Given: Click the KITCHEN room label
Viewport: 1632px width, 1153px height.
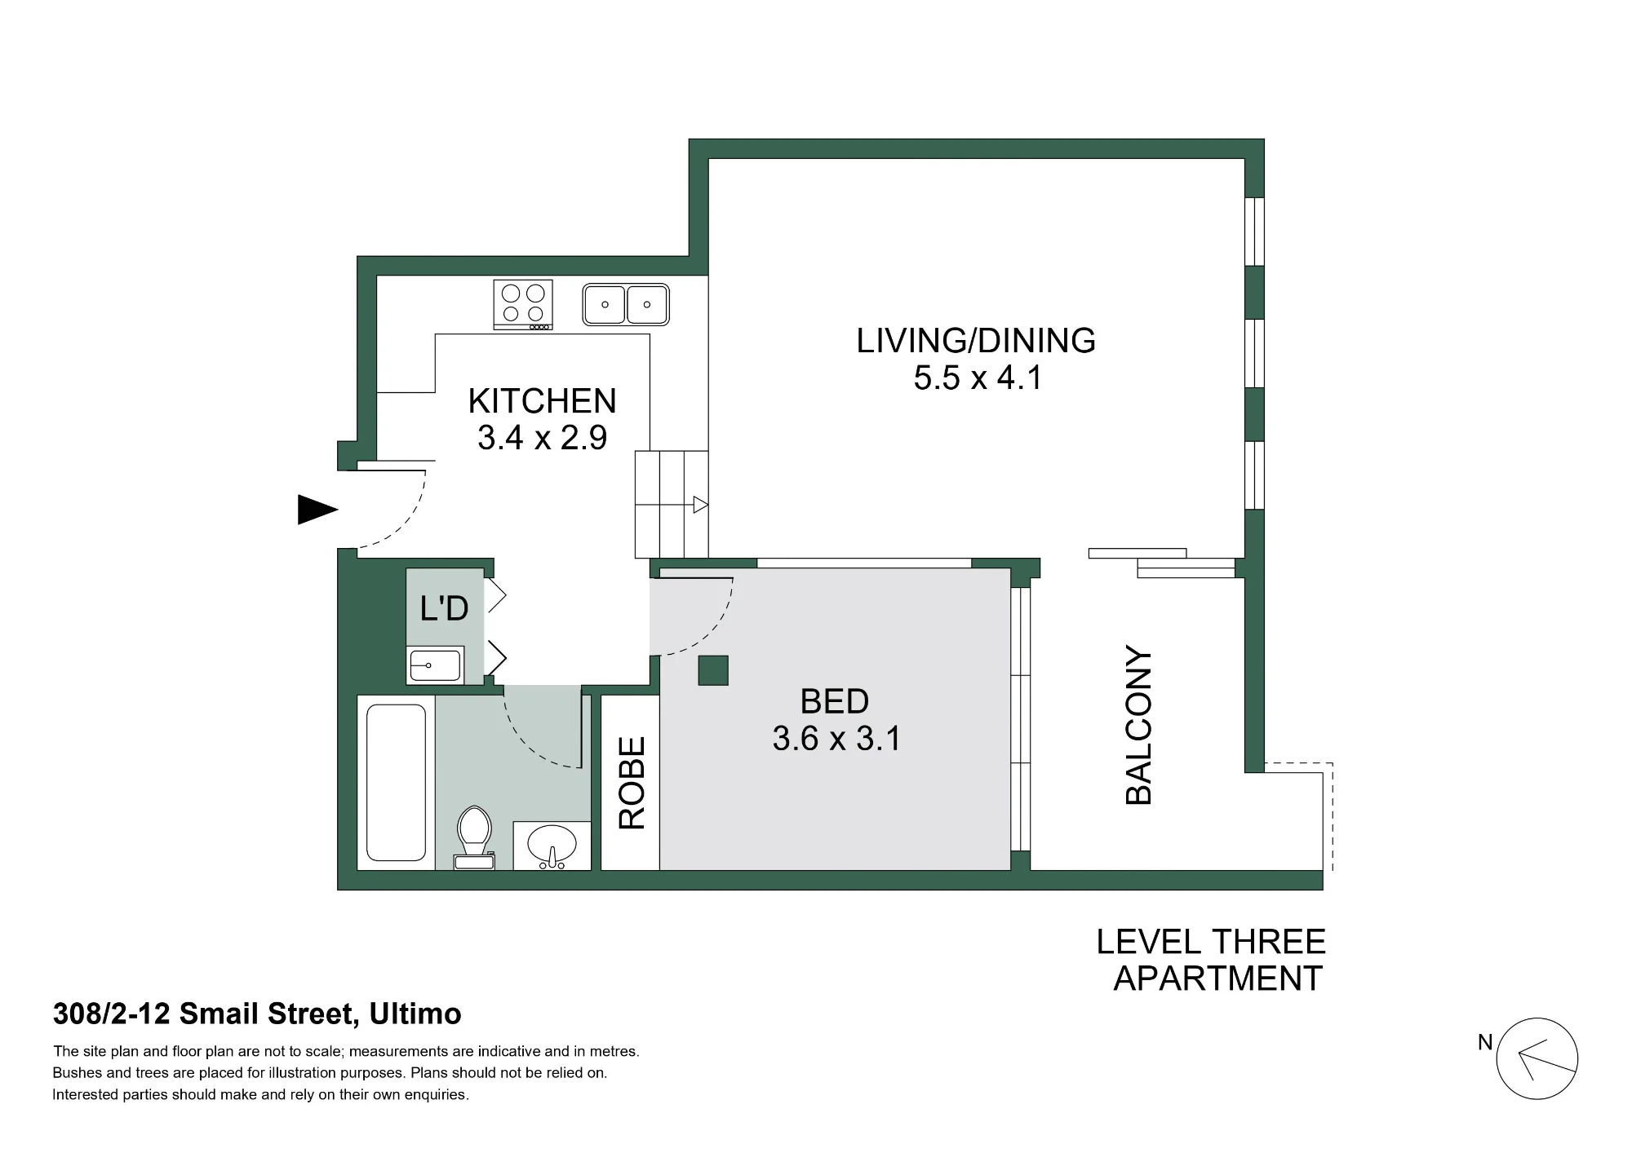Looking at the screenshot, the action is [542, 401].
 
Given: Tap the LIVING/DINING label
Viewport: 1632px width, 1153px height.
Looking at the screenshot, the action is [976, 341].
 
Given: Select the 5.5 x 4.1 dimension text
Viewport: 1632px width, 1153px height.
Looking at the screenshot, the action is [978, 378].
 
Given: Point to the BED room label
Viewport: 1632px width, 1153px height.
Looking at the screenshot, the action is [834, 701].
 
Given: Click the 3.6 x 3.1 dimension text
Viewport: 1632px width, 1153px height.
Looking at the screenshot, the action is [836, 739].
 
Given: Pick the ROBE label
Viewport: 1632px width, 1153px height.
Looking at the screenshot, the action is [632, 783].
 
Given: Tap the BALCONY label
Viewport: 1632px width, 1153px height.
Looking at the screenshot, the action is [1138, 725].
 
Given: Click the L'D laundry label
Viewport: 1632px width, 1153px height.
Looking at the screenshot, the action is [444, 608].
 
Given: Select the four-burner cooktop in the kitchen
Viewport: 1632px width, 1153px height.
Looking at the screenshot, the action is [523, 305].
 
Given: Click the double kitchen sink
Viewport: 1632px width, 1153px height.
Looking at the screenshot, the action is [626, 304].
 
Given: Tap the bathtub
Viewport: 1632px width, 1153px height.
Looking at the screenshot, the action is [397, 783].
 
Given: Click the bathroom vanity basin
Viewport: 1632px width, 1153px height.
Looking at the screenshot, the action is [552, 846].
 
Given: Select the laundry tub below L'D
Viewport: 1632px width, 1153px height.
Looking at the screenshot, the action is [435, 665].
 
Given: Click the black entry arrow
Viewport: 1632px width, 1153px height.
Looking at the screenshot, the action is [317, 510].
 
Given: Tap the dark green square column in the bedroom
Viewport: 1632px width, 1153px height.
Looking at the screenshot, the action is [713, 670].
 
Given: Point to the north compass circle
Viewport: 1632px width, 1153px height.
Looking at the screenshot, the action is [1537, 1058].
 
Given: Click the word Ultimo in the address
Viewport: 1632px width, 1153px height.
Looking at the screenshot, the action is [415, 1014].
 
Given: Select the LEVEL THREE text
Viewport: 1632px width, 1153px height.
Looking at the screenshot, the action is [1211, 942].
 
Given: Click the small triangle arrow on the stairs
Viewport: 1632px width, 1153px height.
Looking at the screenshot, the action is [700, 505].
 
